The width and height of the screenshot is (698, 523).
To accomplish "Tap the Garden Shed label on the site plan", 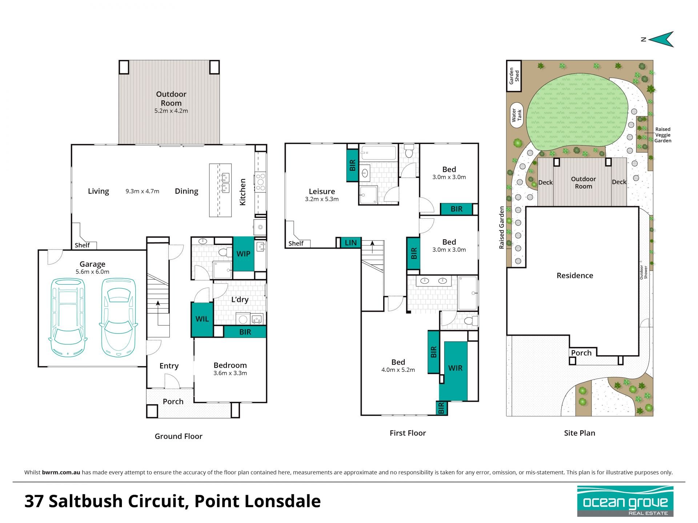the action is [514, 76].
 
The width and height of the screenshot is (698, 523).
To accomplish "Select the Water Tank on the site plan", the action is [517, 115].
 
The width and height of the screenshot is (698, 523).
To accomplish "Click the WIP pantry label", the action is [243, 254].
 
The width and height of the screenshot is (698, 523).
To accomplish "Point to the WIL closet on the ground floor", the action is [202, 319].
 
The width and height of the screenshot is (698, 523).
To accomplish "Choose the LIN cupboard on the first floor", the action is [350, 243].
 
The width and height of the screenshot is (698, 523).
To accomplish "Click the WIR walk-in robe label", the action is [455, 368].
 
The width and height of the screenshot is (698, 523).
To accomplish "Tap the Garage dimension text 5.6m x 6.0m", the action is [92, 272].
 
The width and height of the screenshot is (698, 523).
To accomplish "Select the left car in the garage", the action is [68, 317].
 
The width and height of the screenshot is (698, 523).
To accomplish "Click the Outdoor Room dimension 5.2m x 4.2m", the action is [171, 111].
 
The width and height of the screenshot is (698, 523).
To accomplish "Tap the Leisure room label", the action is [322, 191].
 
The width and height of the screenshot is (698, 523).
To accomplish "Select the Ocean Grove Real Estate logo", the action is [625, 501].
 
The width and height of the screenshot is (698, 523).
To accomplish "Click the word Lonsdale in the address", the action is [282, 501].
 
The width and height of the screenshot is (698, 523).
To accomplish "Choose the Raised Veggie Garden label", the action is [663, 135].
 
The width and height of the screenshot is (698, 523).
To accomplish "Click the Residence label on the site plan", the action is [575, 276].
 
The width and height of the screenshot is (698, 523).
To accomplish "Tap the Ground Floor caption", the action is [178, 436].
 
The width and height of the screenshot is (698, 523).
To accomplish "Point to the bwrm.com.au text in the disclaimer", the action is [61, 473].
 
